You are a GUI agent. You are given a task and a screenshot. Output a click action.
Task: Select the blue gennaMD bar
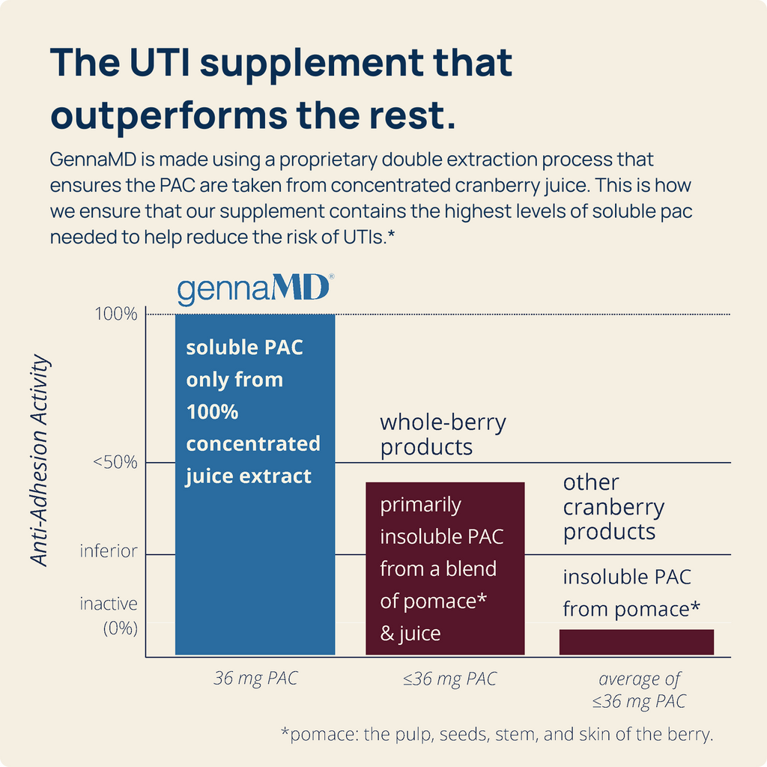pyautogui.click(x=255, y=485)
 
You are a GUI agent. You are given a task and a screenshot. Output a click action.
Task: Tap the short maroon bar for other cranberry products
pyautogui.click(x=637, y=642)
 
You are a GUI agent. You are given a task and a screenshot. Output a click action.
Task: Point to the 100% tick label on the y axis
pyautogui.click(x=116, y=314)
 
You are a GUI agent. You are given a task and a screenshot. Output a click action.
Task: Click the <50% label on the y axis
pyautogui.click(x=115, y=461)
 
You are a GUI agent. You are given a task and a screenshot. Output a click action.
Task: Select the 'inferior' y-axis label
pyautogui.click(x=109, y=551)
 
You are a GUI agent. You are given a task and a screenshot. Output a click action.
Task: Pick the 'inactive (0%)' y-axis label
pyautogui.click(x=109, y=616)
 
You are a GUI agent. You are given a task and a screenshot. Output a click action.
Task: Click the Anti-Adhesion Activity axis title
pyautogui.click(x=40, y=461)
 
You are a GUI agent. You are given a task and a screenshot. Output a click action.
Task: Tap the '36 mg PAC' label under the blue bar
pyautogui.click(x=255, y=678)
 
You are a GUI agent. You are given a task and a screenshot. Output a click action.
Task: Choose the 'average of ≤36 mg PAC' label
pyautogui.click(x=639, y=690)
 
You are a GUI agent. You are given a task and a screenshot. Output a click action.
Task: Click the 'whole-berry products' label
pyautogui.click(x=443, y=434)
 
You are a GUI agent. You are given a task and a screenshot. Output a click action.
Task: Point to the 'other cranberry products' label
pyautogui.click(x=613, y=507)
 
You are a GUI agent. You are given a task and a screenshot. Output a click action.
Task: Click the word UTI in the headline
pyautogui.click(x=160, y=63)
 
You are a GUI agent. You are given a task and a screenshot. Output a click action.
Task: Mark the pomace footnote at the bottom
pyautogui.click(x=497, y=734)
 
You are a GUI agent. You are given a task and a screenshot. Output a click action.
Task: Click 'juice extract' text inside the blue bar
pyautogui.click(x=249, y=476)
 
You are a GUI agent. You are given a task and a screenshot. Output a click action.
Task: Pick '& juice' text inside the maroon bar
pyautogui.click(x=410, y=634)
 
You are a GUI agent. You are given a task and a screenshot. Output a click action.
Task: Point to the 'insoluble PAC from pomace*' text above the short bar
pyautogui.click(x=631, y=593)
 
